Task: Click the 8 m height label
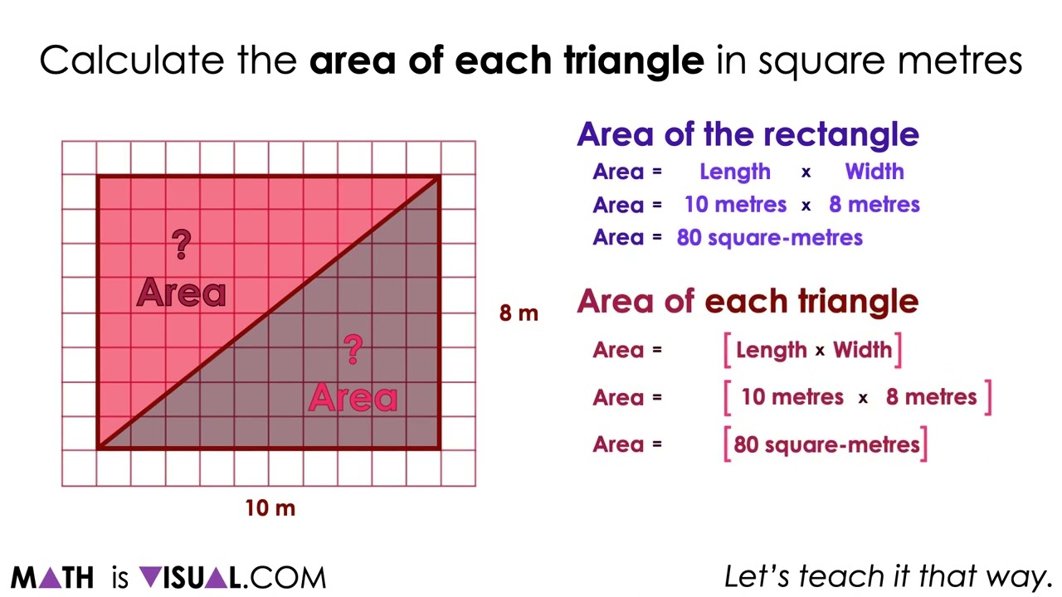(519, 313)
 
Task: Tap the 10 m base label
(270, 508)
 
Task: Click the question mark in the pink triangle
(181, 244)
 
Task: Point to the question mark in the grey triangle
(353, 349)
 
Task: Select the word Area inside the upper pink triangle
(181, 293)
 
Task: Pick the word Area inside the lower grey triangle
(353, 399)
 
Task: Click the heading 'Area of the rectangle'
(748, 134)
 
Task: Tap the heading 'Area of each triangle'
(748, 301)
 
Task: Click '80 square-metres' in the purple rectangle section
(770, 238)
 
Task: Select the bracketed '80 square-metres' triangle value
(826, 444)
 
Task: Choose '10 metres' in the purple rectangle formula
(735, 205)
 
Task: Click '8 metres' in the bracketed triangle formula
(931, 397)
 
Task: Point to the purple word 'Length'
(735, 172)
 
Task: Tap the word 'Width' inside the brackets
(862, 350)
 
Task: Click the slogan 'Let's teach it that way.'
(888, 576)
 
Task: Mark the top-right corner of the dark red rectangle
(439, 176)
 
